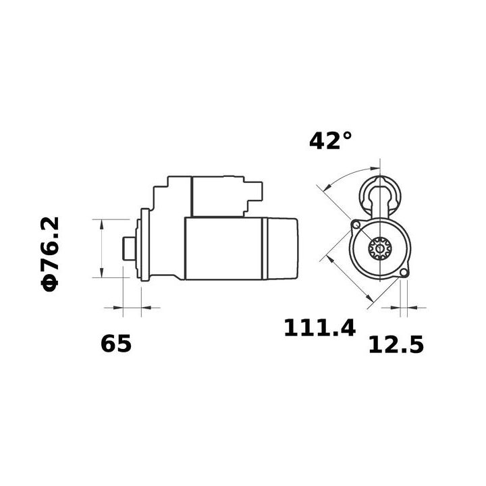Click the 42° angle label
tap(330, 140)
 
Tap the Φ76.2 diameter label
tap(51, 254)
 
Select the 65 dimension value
tap(116, 344)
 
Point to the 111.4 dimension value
tap(319, 329)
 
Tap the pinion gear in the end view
tap(380, 249)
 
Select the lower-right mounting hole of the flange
tap(404, 272)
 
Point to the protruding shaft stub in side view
tap(128, 248)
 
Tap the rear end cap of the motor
tap(283, 248)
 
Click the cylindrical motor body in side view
tap(226, 248)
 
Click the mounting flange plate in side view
tap(142, 248)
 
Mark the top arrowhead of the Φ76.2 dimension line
tap(101, 223)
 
